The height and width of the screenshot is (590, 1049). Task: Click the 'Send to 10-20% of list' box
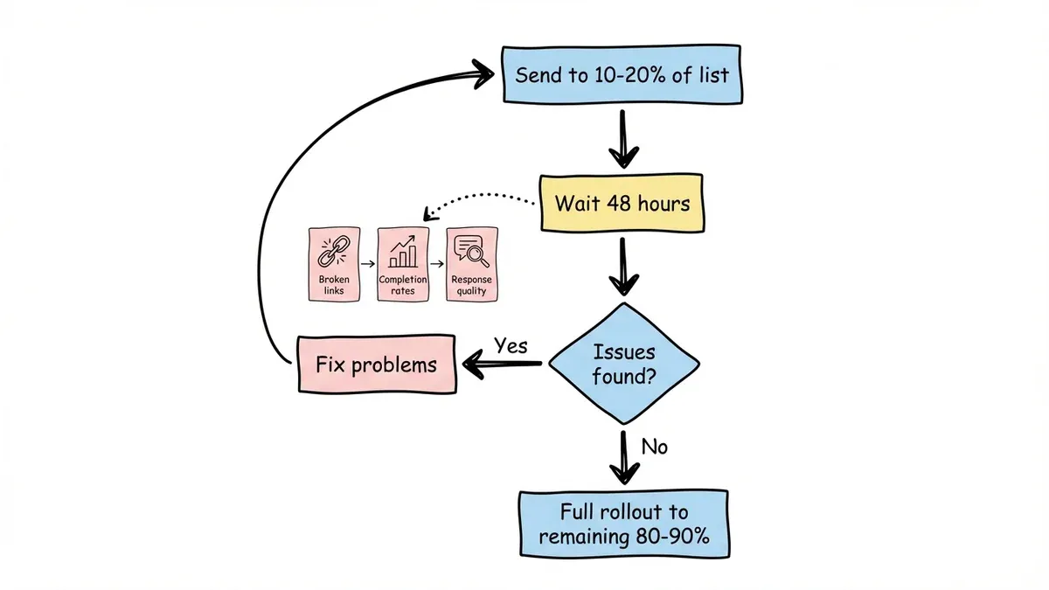(x=622, y=73)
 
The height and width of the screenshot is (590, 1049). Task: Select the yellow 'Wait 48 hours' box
(x=622, y=205)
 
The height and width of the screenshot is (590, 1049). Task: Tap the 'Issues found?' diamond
(x=623, y=366)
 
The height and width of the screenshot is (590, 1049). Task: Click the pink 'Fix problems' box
(x=376, y=364)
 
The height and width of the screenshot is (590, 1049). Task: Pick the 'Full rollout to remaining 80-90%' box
(x=622, y=524)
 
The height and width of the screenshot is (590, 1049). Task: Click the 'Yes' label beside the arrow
(x=511, y=345)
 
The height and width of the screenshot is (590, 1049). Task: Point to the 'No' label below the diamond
(x=655, y=447)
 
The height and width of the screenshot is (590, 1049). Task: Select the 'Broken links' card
(x=334, y=266)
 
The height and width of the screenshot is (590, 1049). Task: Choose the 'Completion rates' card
(x=403, y=266)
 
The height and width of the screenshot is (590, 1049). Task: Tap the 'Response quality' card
(x=471, y=266)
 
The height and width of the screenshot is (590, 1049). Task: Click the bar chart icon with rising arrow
(x=403, y=252)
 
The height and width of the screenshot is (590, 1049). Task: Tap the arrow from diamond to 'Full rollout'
(x=622, y=455)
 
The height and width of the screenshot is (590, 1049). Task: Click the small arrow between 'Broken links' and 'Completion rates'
(x=368, y=263)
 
